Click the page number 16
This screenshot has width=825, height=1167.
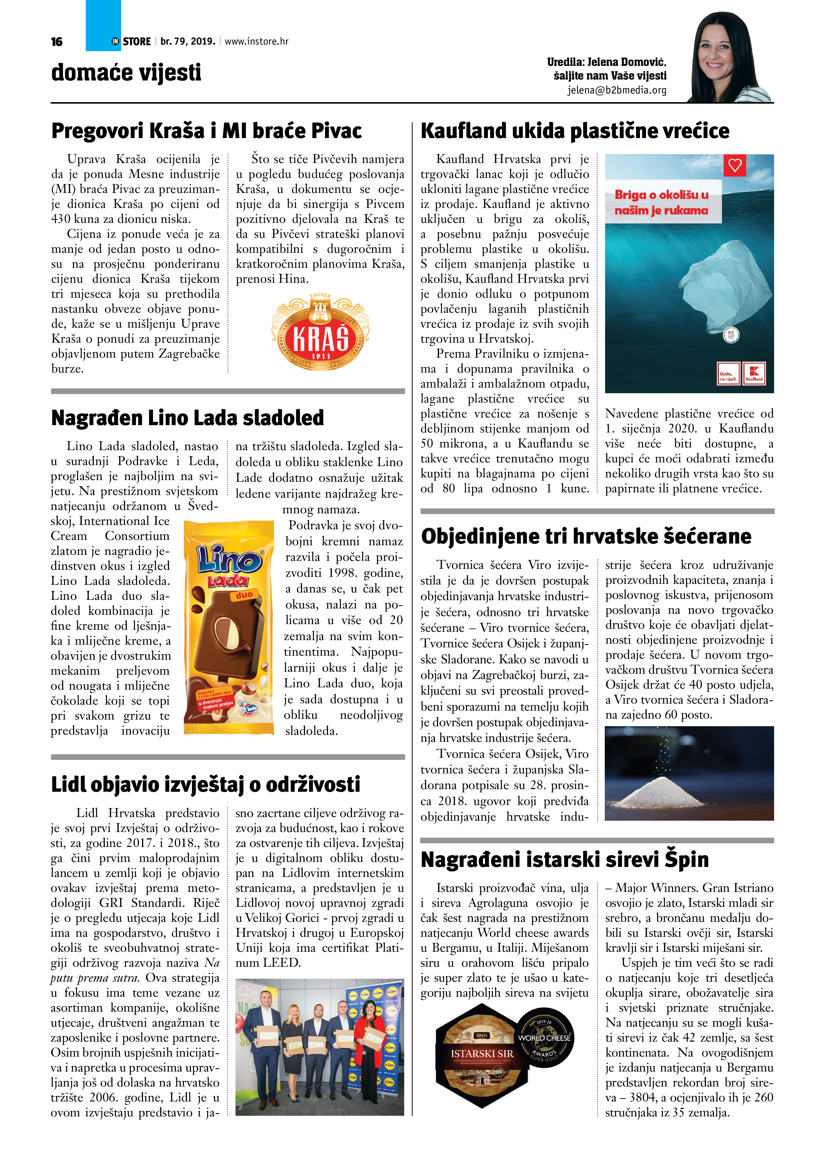click(57, 42)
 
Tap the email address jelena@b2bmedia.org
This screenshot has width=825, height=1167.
click(617, 90)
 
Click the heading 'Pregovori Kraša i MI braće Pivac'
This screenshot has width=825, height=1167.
click(206, 131)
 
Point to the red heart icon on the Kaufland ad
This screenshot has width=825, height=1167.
click(735, 165)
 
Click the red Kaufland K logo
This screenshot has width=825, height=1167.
click(754, 374)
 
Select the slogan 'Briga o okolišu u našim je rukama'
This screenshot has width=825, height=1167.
click(661, 202)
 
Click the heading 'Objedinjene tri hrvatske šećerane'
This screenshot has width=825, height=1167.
click(585, 536)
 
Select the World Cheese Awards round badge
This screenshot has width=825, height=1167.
click(545, 1038)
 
